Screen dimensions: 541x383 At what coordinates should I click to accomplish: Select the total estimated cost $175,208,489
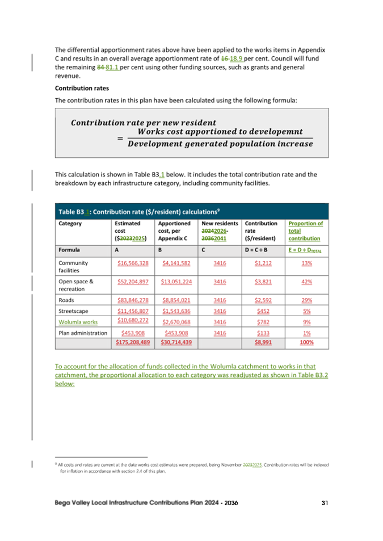[132, 342]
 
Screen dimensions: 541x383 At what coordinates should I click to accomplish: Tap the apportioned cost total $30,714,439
[175, 342]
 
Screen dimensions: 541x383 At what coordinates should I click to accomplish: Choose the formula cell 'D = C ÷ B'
[259, 249]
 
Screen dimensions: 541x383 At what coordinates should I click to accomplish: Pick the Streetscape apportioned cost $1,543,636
[176, 311]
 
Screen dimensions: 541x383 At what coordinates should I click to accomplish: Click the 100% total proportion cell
[306, 342]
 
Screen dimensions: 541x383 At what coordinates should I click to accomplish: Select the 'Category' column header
[70, 224]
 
